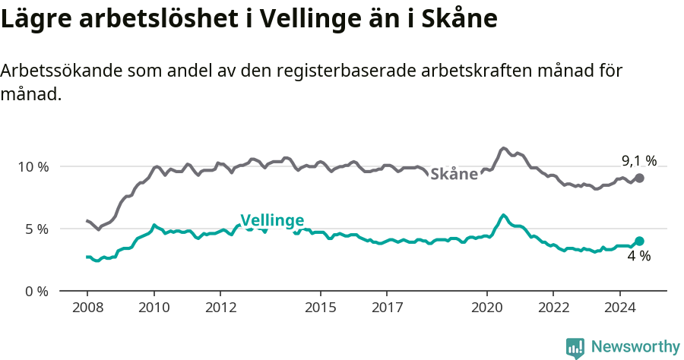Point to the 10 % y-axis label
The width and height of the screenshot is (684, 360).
[32, 166]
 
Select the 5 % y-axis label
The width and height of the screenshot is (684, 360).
[35, 229]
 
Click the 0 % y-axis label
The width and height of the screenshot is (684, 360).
[35, 291]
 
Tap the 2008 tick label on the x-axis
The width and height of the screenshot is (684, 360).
[87, 308]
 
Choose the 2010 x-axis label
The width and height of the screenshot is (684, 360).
[154, 308]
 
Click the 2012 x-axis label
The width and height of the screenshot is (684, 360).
[220, 308]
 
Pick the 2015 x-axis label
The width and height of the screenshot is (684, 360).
[320, 308]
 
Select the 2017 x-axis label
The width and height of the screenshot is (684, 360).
[387, 308]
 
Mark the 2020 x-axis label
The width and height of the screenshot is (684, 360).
[486, 308]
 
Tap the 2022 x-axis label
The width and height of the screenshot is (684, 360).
[553, 308]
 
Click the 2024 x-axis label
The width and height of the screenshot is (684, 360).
[619, 308]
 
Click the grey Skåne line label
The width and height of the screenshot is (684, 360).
[454, 174]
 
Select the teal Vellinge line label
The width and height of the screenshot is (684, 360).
[272, 219]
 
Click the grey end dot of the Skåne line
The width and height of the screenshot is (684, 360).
[639, 178]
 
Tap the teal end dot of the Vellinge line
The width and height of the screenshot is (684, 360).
[639, 241]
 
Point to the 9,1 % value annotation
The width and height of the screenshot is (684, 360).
[638, 160]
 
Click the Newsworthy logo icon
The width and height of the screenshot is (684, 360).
[575, 347]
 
